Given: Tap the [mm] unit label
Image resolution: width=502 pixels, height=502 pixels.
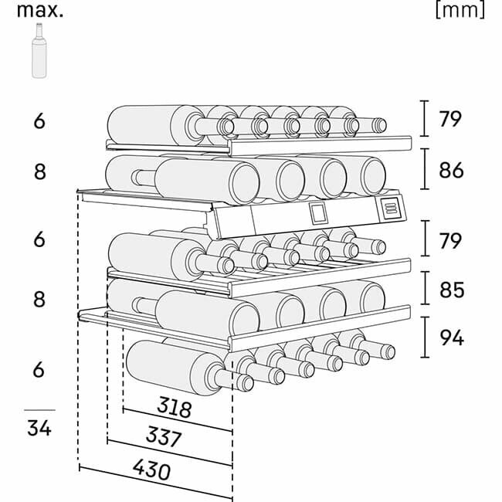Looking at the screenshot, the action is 460,10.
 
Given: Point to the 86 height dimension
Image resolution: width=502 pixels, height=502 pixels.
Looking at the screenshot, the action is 451,169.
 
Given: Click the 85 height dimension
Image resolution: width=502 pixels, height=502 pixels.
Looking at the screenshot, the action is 451,290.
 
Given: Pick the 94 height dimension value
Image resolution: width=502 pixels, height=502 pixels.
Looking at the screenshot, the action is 451,337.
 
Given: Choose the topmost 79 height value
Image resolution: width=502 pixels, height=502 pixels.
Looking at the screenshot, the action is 451,119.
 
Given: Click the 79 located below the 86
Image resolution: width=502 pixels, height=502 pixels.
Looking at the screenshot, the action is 451,240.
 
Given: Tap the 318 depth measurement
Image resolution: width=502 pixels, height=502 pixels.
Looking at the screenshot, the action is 174,407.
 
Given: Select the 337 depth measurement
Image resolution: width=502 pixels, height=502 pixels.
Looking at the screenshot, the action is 163,438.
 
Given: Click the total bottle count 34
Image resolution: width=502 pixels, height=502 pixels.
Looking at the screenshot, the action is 39,427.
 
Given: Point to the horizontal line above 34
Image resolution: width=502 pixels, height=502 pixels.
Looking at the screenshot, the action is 39,409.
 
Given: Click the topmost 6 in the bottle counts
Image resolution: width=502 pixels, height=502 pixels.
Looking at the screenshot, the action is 39,121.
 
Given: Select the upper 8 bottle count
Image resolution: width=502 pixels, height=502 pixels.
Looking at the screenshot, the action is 39,171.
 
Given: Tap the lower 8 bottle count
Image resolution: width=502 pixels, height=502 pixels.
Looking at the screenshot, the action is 39,299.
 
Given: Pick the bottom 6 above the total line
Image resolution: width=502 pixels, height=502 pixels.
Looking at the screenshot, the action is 39,370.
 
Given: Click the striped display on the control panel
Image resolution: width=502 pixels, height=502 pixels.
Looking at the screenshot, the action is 391,207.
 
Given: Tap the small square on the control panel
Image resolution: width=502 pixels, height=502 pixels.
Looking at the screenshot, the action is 318,212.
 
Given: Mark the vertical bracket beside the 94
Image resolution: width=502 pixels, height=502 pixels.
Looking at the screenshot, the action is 426,337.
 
